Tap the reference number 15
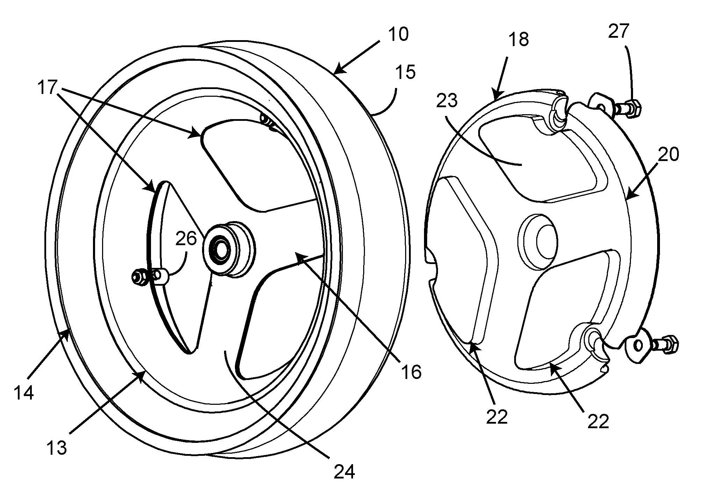pyautogui.click(x=406, y=72)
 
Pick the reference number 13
pyautogui.click(x=57, y=448)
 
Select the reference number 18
pyautogui.click(x=519, y=40)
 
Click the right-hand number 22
pyautogui.click(x=598, y=422)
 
